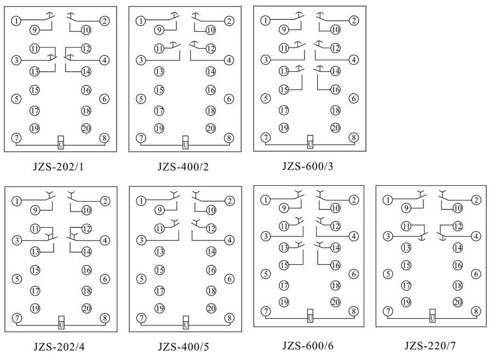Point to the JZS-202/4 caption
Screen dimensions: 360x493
59,346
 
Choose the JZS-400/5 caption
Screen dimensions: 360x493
184,346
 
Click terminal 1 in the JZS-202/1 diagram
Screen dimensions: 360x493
17,21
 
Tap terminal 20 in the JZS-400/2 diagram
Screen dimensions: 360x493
211,128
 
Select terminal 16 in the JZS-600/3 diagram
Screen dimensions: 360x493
335,89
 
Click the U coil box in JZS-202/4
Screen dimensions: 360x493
61,323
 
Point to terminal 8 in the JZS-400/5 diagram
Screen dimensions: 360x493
229,318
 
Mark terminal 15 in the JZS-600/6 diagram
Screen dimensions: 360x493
284,265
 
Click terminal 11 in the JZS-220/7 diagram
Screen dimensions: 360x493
406,226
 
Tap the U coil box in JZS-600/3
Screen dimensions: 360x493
310,142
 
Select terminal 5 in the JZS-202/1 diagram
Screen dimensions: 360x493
17,99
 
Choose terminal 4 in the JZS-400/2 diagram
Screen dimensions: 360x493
229,60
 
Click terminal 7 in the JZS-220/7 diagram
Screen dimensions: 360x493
389,311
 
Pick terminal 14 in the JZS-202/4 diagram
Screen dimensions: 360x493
87,252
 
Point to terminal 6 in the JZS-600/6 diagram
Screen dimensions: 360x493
354,273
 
